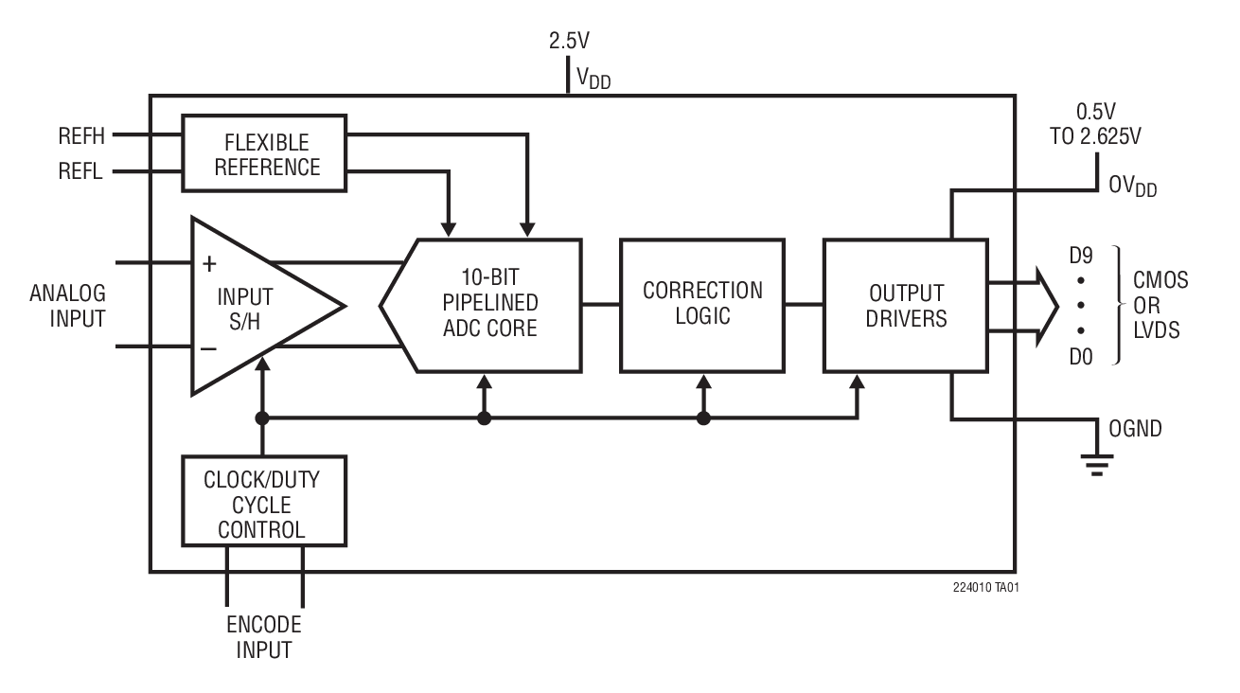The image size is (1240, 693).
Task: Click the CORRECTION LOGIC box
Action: (701, 304)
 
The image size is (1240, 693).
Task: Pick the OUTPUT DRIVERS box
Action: (906, 304)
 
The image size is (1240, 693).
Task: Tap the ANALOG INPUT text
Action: (67, 305)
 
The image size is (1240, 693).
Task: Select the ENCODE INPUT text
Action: (264, 638)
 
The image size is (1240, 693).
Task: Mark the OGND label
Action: (1135, 429)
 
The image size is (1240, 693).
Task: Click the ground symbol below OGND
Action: (1098, 464)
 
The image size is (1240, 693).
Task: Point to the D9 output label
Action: (1080, 255)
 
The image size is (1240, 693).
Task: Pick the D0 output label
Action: (1080, 356)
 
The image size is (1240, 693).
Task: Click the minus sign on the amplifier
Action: (209, 348)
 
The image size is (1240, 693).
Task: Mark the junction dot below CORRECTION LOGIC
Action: (702, 418)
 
